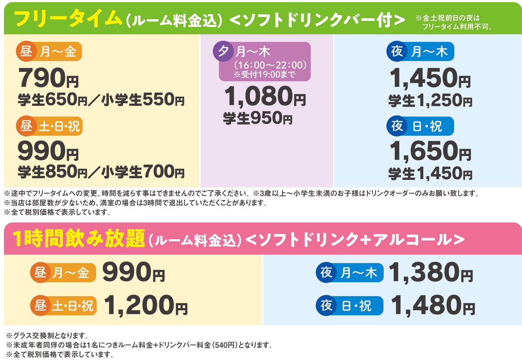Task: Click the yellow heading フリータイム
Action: tap(65, 19)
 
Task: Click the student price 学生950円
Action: tap(258, 118)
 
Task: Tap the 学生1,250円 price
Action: tap(430, 101)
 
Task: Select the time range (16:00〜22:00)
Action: tap(271, 65)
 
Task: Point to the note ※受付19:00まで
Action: tap(264, 74)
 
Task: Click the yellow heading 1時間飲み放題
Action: tap(79, 239)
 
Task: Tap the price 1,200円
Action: tap(146, 305)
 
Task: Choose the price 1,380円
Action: tap(431, 273)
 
